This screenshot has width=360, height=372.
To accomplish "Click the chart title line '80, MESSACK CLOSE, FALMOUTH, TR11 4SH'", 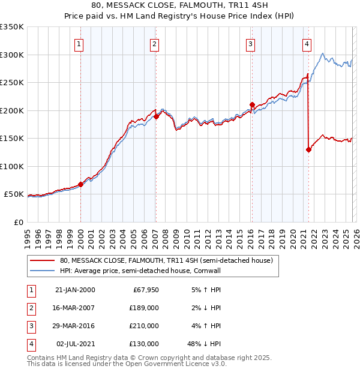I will (179, 5).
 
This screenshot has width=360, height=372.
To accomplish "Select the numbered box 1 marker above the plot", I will (80, 43).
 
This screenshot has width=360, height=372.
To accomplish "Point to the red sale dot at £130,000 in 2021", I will (308, 150).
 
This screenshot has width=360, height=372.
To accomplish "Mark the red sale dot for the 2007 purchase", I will (156, 117).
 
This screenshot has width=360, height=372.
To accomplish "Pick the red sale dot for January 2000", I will (80, 185).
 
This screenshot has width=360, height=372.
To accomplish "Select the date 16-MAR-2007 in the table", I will (75, 307).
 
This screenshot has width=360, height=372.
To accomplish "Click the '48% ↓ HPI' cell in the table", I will (204, 344).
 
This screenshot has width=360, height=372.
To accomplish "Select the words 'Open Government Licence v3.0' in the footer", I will (175, 364).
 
